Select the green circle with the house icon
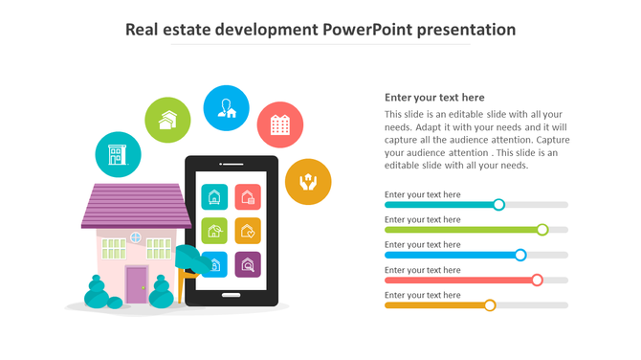point(167,120)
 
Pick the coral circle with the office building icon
point(280,124)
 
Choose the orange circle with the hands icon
point(308,181)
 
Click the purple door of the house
point(137,285)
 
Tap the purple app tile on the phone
point(248,264)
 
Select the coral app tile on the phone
point(248,197)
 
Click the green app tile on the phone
point(214,231)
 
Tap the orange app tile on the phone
point(248,231)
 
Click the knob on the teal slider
point(498,204)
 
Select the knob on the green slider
point(542,230)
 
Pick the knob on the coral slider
point(537,280)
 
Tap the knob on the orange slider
point(490,304)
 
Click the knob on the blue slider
point(520,255)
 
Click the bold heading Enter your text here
point(434,98)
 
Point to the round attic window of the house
point(135,236)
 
